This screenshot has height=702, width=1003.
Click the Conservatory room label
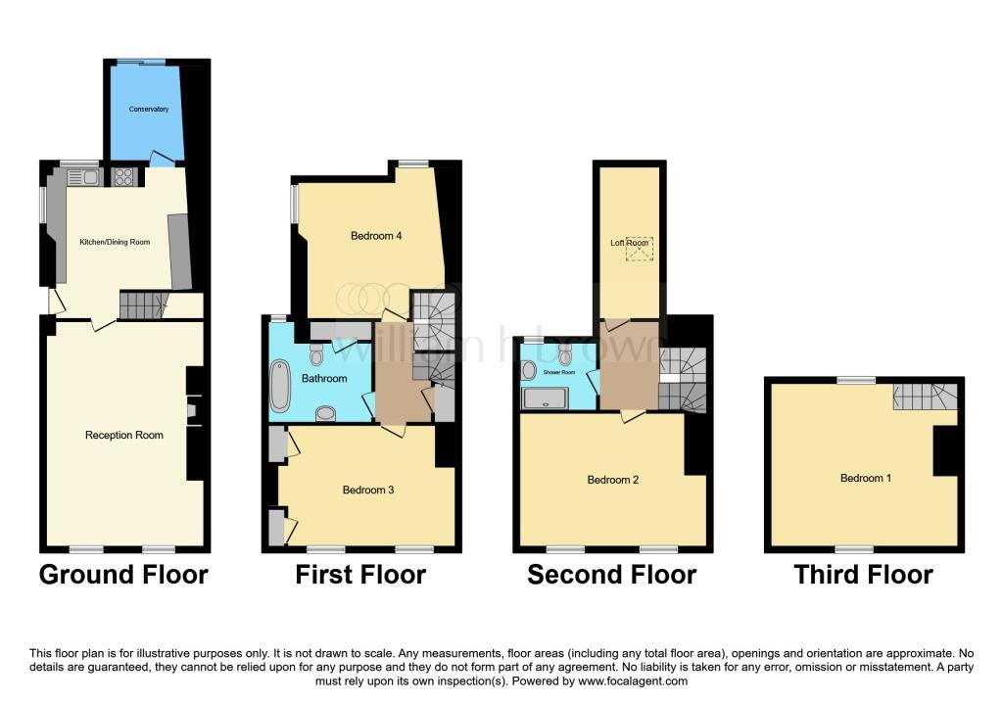click(x=149, y=110)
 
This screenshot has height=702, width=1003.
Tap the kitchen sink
click(x=82, y=176)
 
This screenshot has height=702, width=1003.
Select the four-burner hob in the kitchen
click(x=122, y=176)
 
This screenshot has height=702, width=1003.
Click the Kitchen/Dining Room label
click(x=115, y=242)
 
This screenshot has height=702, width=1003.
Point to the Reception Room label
click(x=124, y=435)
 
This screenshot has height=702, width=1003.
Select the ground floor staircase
click(x=142, y=305)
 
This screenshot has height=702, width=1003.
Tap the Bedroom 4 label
click(x=376, y=236)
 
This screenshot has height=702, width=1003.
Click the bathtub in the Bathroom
click(x=279, y=386)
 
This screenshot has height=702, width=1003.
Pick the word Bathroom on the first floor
click(x=324, y=379)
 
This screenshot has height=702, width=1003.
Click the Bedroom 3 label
click(x=368, y=490)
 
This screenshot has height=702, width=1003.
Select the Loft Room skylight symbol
click(x=639, y=250)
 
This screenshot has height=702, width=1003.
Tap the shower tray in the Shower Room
click(x=545, y=398)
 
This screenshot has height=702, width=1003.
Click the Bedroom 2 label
click(x=613, y=480)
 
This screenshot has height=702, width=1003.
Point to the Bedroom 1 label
click(x=866, y=478)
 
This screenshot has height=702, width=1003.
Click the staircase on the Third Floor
click(x=926, y=397)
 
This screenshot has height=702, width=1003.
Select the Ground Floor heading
click(x=124, y=574)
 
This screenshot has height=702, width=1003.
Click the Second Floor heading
click(x=611, y=574)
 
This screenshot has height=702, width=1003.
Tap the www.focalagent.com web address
click(x=632, y=680)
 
